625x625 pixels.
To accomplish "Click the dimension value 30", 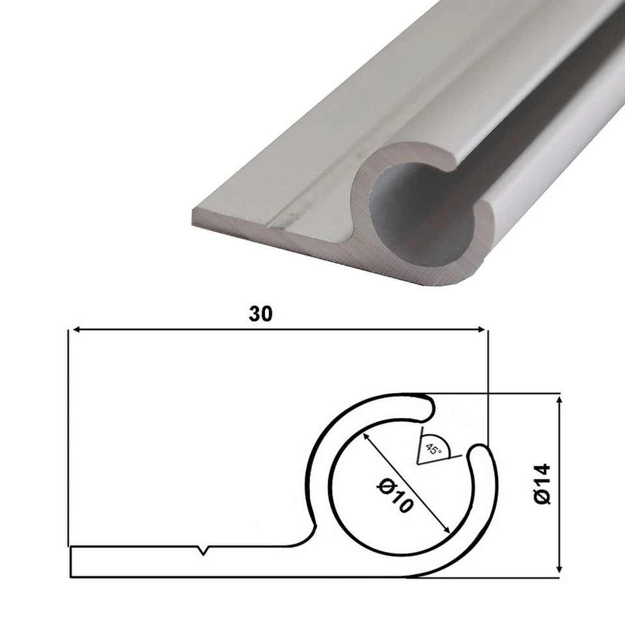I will (x=260, y=314).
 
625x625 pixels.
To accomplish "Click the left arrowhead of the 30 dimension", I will (x=74, y=330).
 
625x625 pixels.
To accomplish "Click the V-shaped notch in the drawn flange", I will (x=204, y=551).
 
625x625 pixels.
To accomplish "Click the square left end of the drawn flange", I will (x=70, y=562).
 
